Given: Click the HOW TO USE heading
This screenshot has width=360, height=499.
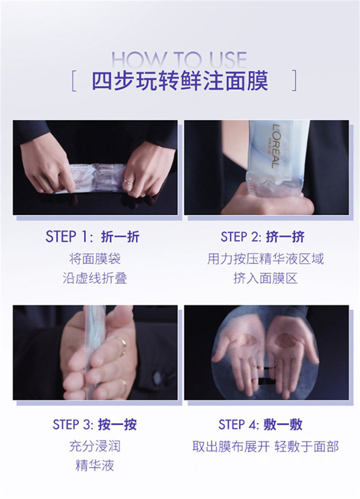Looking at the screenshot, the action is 179,59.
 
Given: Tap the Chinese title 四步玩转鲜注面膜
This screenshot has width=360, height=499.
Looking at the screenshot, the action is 180,81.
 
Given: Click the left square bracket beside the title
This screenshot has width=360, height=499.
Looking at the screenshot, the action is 73,81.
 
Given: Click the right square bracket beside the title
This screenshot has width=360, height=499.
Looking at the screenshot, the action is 294,81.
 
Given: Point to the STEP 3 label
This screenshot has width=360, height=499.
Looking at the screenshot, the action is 73,424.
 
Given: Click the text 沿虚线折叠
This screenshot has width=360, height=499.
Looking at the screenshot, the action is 95,278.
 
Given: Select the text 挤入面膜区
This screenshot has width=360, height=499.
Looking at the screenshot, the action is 265,278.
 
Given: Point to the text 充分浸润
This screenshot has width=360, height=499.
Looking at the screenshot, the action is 95,447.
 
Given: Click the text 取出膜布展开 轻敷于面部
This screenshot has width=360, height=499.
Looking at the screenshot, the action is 265,447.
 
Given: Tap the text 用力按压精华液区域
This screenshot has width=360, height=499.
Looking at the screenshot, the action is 265,259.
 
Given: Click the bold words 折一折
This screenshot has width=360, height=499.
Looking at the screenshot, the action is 120,237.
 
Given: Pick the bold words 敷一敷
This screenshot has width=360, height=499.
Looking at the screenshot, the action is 283,424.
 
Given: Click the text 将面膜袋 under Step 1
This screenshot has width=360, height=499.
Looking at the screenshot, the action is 95,259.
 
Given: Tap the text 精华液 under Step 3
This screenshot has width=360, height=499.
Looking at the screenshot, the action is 95,466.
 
